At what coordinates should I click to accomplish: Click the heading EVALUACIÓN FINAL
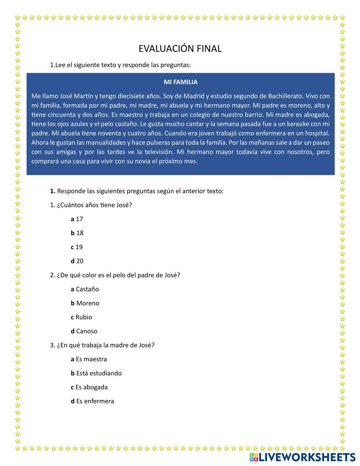[180, 49]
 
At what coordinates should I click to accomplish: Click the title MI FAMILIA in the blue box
[180, 82]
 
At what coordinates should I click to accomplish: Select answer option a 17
[77, 219]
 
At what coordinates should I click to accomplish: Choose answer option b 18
[77, 233]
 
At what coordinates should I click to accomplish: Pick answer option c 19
[77, 247]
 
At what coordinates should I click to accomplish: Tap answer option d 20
[77, 261]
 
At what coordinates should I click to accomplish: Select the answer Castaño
[85, 289]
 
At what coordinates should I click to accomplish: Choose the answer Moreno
[85, 303]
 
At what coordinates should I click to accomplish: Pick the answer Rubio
[82, 317]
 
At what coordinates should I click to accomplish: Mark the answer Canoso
[84, 331]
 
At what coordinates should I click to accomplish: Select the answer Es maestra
[89, 359]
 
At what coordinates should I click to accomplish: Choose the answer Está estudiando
[96, 373]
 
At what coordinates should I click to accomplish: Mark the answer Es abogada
[89, 387]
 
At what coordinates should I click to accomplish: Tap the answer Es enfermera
[93, 401]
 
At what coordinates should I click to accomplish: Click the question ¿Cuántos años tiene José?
[91, 205]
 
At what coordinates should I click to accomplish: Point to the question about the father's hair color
[115, 275]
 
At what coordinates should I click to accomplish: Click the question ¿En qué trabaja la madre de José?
[102, 345]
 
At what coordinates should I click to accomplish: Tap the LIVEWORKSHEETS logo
[302, 457]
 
